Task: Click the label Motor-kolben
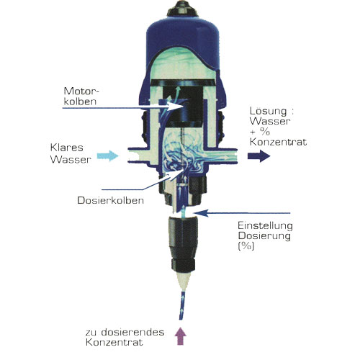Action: click(x=81, y=96)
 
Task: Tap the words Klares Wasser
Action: click(x=71, y=153)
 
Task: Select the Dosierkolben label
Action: click(x=111, y=201)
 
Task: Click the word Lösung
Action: click(x=269, y=112)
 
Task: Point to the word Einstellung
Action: click(x=265, y=226)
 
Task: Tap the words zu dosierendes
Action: click(x=125, y=333)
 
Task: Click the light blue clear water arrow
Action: click(x=107, y=156)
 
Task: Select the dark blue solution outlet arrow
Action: click(x=258, y=156)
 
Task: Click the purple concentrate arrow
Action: click(x=180, y=336)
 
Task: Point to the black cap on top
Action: click(x=182, y=9)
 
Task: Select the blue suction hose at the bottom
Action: click(x=182, y=305)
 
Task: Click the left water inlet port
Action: click(x=138, y=156)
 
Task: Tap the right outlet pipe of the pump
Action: click(x=221, y=156)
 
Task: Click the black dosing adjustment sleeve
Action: click(x=183, y=243)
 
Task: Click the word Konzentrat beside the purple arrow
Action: click(x=114, y=342)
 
